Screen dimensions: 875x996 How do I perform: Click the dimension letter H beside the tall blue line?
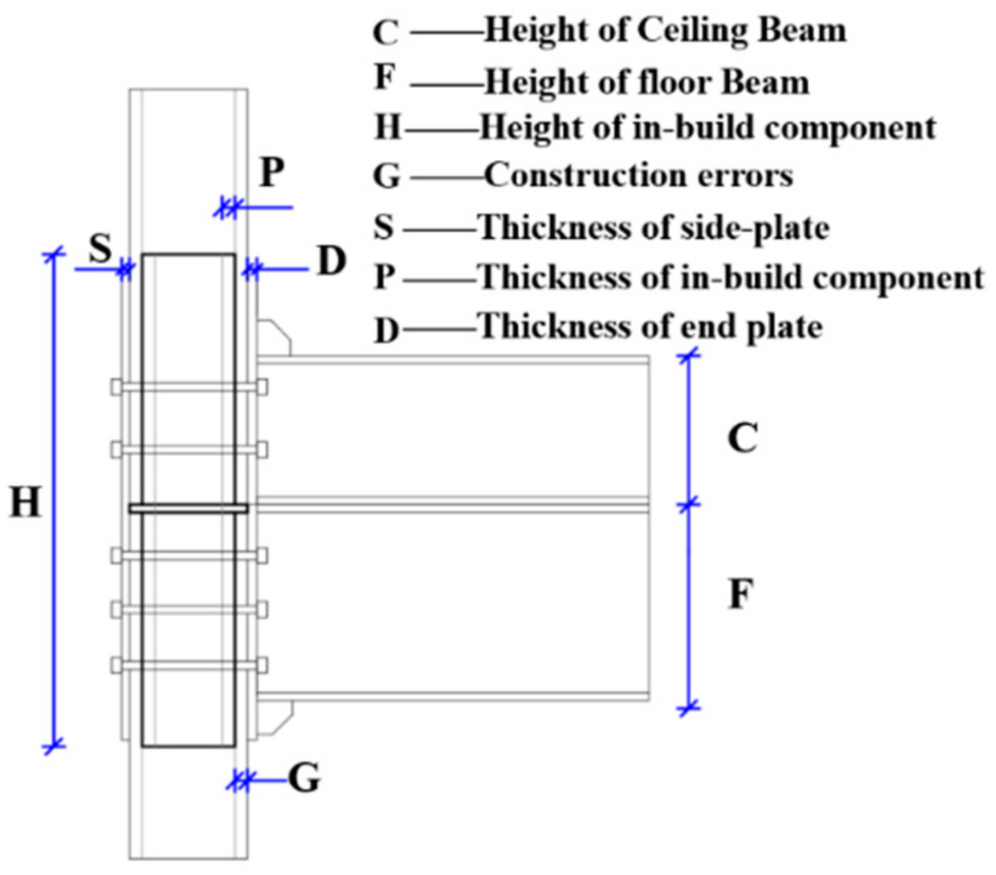(25, 503)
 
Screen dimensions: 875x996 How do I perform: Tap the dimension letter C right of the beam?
(742, 438)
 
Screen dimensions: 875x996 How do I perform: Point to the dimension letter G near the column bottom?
(305, 778)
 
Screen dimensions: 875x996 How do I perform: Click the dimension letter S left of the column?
(101, 249)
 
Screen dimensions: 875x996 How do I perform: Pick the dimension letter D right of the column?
(332, 262)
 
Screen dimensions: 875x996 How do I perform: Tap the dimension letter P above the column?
(272, 173)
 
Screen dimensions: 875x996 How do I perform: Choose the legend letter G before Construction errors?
(387, 177)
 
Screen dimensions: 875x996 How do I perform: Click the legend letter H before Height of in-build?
(388, 128)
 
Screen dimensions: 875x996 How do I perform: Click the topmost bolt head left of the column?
(117, 387)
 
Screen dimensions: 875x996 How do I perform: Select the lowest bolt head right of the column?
(262, 665)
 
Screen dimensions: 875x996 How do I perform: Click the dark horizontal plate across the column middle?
(188, 508)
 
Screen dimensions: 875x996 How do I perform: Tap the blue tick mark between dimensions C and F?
(689, 505)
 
